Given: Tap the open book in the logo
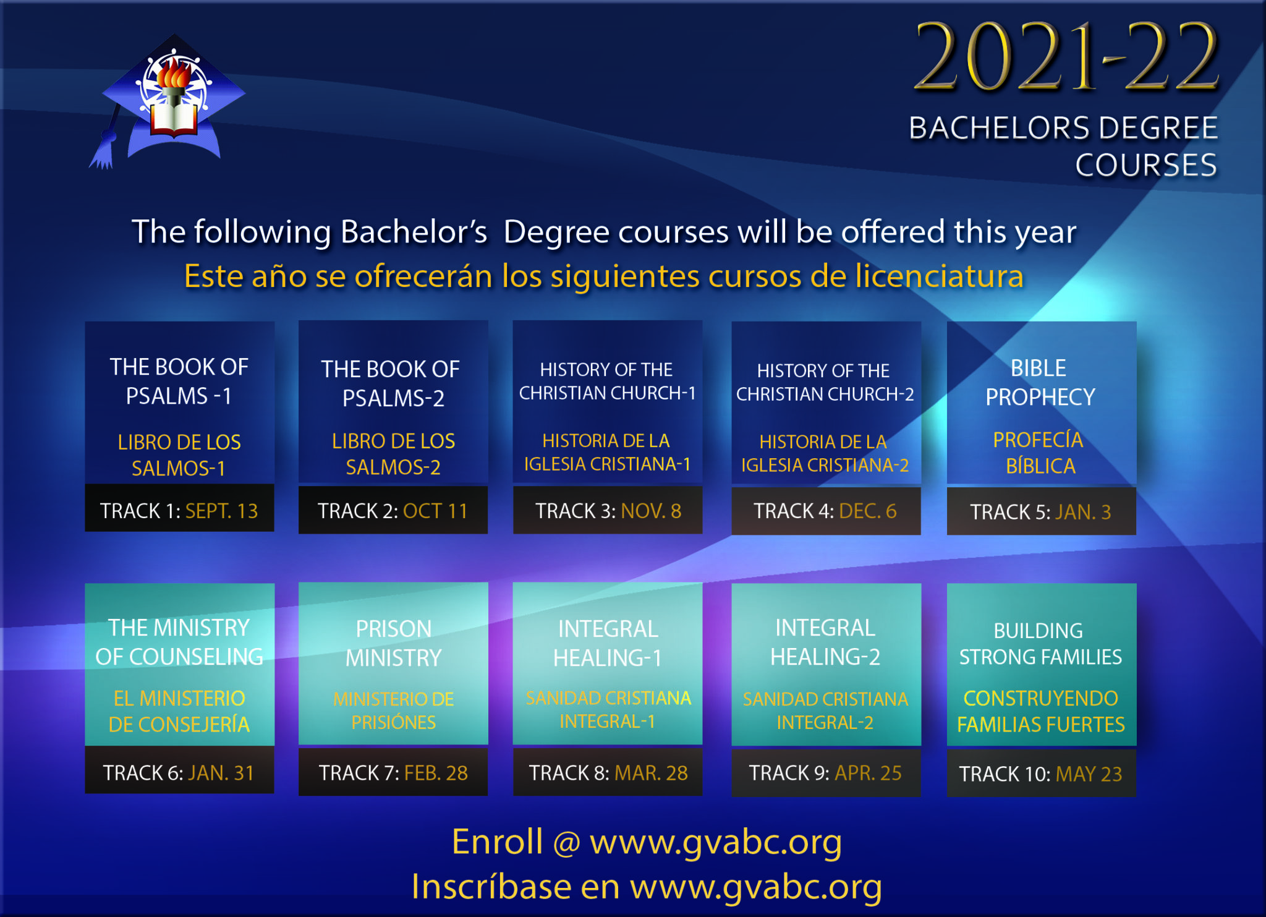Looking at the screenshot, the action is (x=174, y=119).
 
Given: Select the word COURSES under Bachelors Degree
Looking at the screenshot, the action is (x=1146, y=165).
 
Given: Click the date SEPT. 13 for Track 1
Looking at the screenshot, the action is (x=222, y=511).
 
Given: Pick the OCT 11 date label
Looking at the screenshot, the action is (x=435, y=511).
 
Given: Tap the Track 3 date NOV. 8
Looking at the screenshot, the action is (x=651, y=511).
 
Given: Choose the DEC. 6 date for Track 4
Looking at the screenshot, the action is (x=868, y=511).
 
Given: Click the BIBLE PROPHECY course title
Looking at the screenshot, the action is (x=1040, y=382).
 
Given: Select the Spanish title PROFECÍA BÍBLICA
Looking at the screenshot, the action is (x=1039, y=453).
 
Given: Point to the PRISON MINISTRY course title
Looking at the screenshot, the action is (x=394, y=643).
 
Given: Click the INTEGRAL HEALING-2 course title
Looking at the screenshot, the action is (x=825, y=642).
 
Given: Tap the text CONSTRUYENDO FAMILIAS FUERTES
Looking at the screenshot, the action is (x=1041, y=711).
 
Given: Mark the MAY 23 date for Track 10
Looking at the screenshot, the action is (x=1089, y=774).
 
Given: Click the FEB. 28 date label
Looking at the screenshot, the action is (x=436, y=773).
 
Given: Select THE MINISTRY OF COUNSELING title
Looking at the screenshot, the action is (x=179, y=642).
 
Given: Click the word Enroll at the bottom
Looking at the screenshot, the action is (x=498, y=842).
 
